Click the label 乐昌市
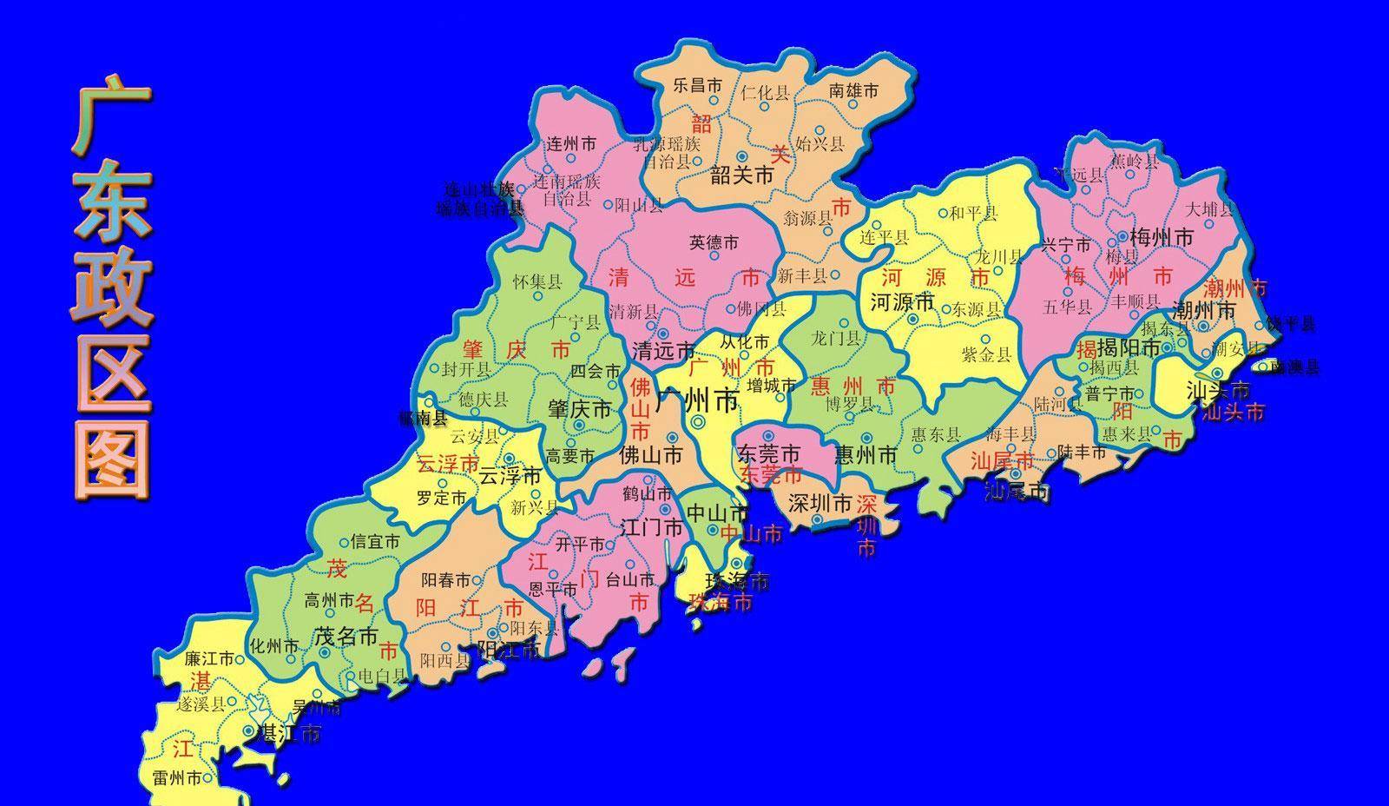coord(698,85)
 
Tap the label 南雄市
coord(853,89)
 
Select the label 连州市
coord(571,144)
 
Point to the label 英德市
coord(714,243)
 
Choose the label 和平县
coord(973,213)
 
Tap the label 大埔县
coord(1209,209)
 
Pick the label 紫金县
coord(986,353)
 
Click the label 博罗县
coord(849,403)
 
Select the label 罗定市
coord(441,498)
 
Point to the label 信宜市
coord(375,541)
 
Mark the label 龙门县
coord(835,338)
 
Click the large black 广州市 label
coord(697,401)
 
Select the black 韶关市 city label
coord(741,175)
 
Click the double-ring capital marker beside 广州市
coord(699,422)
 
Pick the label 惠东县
coord(935,434)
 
